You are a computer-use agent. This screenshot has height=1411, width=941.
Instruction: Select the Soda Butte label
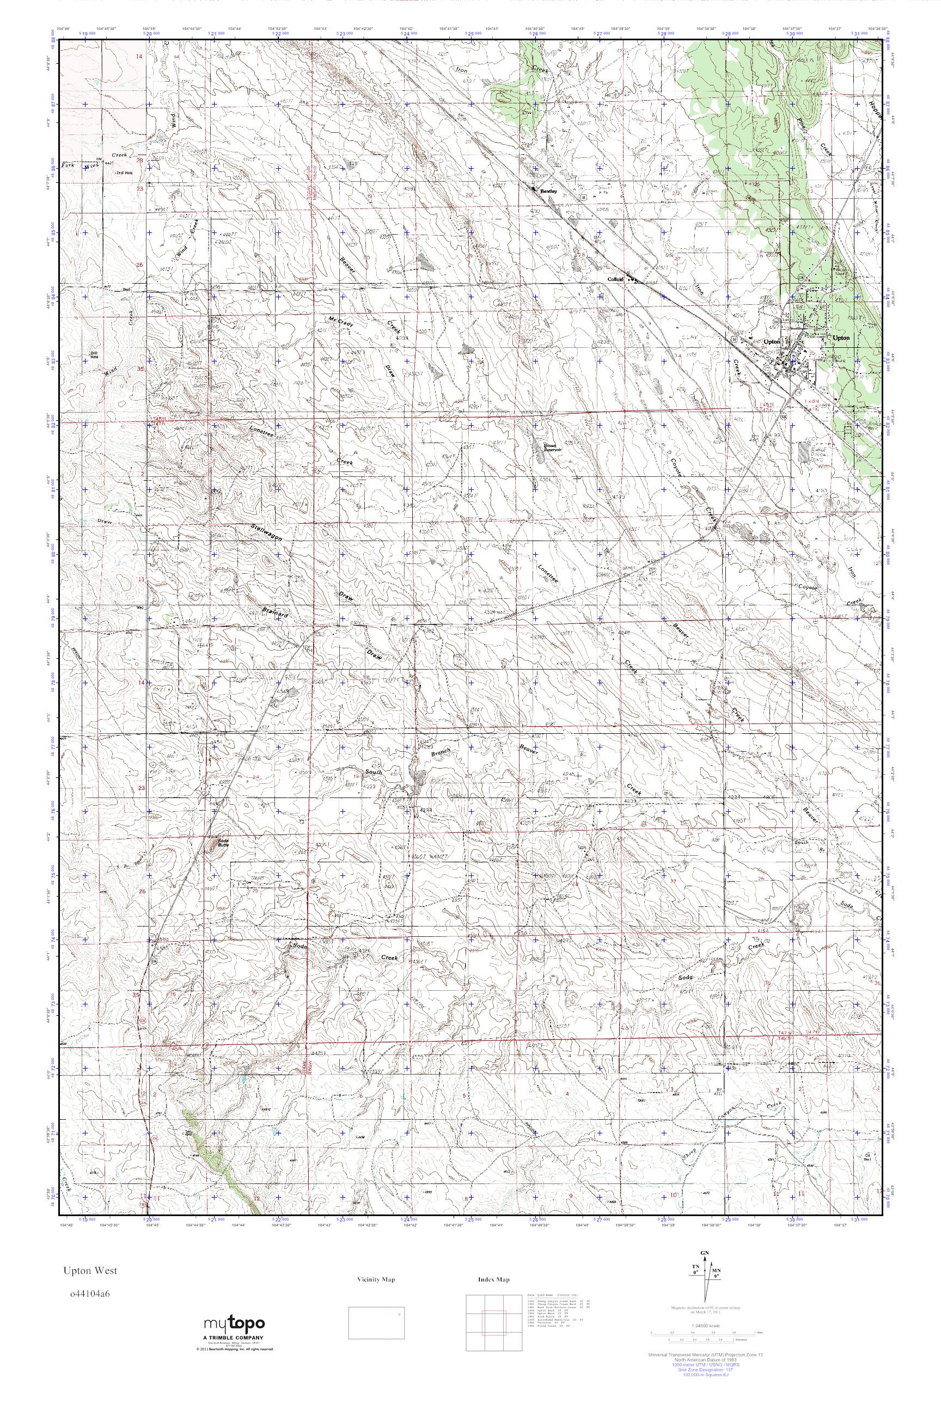click(223, 842)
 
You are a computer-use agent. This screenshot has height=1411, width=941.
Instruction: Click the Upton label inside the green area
click(841, 338)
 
